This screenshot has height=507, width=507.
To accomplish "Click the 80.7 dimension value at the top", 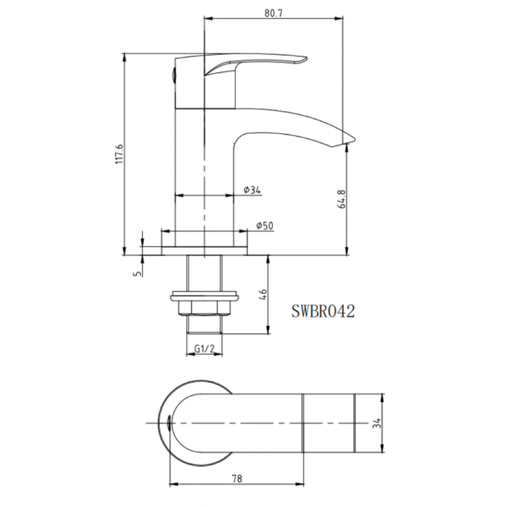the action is coord(274,13).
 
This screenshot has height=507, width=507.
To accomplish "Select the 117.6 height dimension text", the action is coord(119,154).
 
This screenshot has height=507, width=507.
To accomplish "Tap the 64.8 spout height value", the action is coord(342,199).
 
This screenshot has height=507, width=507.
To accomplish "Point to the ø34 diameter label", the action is coord(252,189).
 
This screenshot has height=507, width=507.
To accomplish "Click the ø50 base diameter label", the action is coord(265,226).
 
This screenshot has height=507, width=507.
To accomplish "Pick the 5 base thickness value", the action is coord(138,273).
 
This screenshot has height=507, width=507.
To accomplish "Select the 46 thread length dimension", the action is coord(263,294).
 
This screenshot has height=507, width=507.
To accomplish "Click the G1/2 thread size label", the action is coord(204,349).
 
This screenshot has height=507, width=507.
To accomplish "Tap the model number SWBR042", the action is coord(323,311).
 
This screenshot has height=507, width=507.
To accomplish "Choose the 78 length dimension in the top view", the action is coord(237,478).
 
